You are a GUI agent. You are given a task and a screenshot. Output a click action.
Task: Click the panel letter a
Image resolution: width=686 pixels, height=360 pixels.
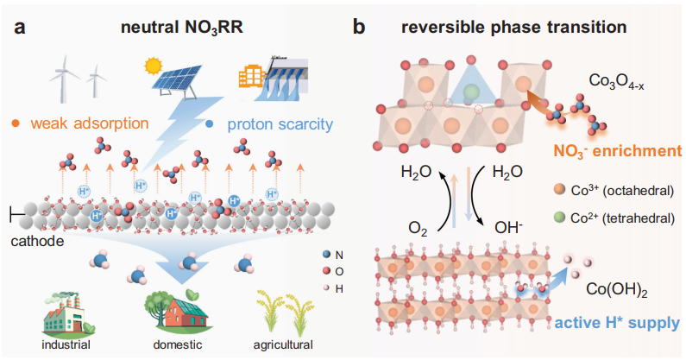point(19,26)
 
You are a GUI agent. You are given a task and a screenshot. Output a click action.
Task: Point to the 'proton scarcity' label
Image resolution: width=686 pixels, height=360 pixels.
point(280,124)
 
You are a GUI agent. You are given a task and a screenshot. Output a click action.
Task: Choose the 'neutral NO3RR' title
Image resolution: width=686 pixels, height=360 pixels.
point(180,27)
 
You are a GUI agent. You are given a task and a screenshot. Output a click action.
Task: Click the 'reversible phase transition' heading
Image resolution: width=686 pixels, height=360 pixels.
point(514,27)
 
